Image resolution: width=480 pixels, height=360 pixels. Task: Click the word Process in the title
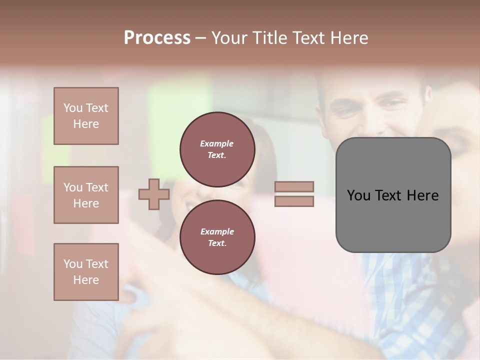[157, 38]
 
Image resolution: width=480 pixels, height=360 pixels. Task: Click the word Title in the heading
[268, 38]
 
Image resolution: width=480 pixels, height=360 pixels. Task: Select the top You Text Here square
[86, 116]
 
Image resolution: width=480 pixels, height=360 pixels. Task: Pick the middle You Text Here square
[86, 195]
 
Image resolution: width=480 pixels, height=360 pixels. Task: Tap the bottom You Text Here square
[86, 272]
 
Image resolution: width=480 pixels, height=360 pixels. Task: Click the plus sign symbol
[154, 194]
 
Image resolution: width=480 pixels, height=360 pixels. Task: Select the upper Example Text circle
[217, 149]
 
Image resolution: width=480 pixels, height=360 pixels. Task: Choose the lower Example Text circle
[217, 237]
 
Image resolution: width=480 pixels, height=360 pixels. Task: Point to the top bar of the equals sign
[294, 186]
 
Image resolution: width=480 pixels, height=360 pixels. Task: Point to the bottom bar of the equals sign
[294, 201]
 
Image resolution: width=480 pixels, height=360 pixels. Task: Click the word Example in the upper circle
[216, 143]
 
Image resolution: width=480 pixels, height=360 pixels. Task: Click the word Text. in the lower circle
[216, 243]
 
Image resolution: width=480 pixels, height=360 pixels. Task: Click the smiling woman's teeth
[190, 205]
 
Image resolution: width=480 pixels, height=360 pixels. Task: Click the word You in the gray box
[359, 195]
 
